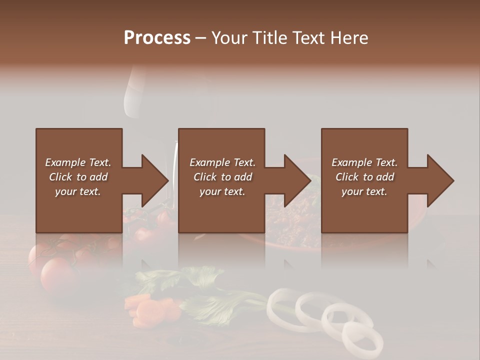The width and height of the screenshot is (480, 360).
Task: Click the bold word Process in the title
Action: coord(157,37)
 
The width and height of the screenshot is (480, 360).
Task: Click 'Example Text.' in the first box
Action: coord(78,162)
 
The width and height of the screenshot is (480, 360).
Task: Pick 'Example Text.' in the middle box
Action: coord(222,162)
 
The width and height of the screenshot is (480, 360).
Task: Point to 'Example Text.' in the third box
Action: coord(364,162)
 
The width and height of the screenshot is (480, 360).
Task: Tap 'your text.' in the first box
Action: coord(78,191)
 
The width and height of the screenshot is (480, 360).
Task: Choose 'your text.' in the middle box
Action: coord(222,191)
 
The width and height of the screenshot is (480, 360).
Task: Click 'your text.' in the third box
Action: coord(364,191)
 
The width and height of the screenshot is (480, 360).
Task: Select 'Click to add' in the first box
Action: coord(78,177)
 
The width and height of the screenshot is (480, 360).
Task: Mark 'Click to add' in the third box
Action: coord(364,177)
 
